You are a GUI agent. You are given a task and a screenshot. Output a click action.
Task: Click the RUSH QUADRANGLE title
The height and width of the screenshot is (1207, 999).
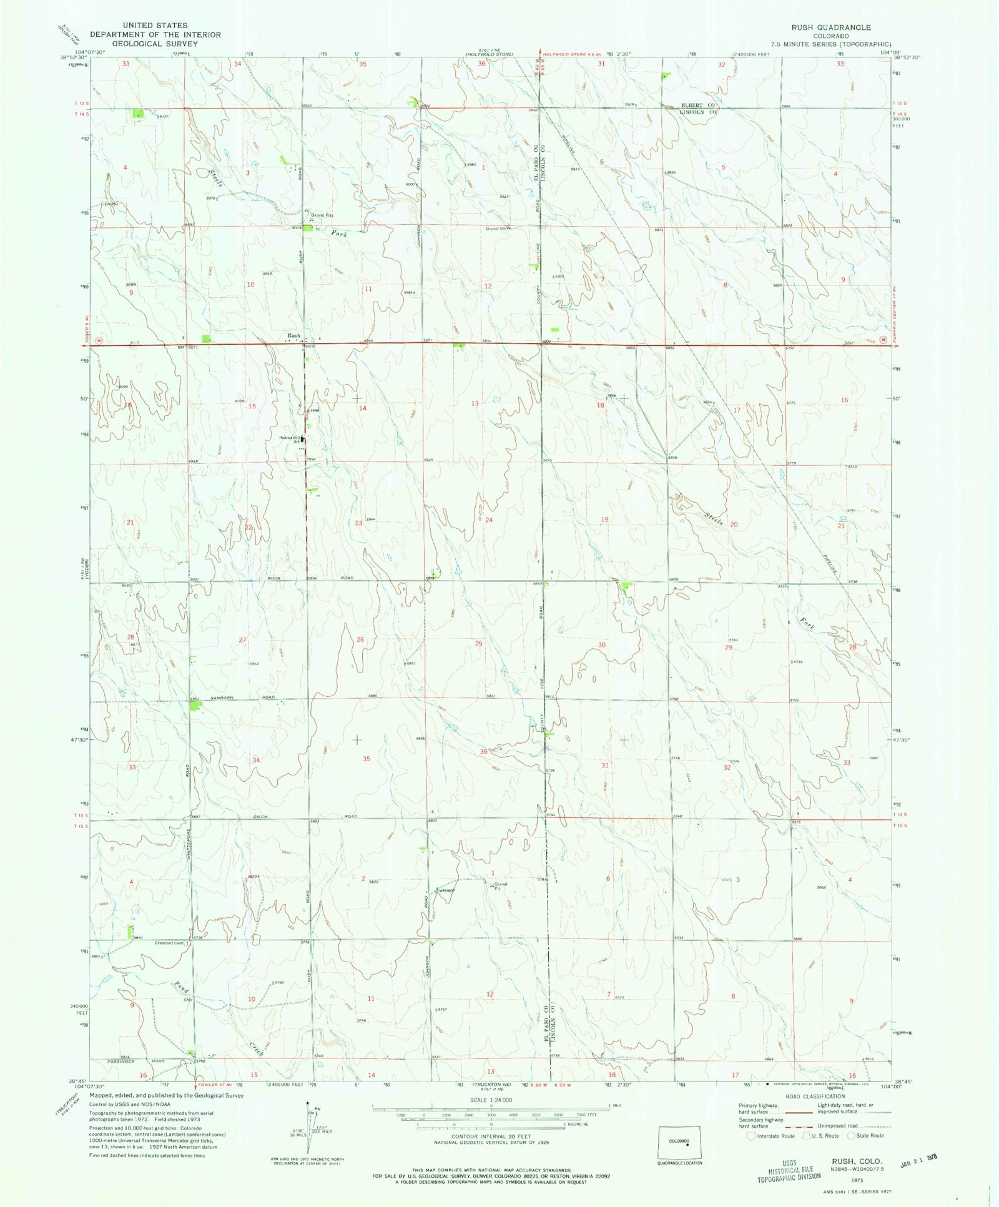click(831, 27)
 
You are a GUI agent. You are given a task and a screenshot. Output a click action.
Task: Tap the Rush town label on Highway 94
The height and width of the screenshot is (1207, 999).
click(293, 336)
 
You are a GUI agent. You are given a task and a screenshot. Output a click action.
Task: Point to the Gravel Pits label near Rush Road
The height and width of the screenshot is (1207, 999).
click(322, 215)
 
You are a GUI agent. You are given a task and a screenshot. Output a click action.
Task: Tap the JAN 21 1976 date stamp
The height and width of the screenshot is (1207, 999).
click(919, 1164)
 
